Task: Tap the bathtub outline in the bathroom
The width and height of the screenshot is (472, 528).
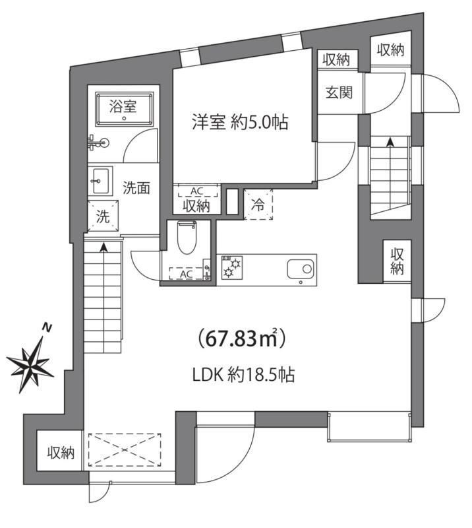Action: click(124, 110)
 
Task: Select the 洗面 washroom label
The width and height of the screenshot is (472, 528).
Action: click(137, 187)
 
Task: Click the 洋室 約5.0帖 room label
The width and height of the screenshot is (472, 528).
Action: click(240, 122)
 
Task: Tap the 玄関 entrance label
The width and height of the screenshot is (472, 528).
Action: click(338, 92)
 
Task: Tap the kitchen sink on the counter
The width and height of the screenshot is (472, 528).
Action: click(301, 269)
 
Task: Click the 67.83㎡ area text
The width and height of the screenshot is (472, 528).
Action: click(241, 340)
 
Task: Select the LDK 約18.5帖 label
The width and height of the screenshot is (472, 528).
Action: click(243, 376)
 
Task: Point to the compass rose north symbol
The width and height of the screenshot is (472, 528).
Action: click(31, 360)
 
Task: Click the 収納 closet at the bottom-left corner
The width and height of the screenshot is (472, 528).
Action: click(61, 452)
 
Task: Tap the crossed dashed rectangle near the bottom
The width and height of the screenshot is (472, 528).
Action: click(125, 450)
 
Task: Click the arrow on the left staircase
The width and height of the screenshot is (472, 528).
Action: click(104, 248)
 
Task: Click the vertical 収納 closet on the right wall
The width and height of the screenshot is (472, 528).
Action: click(396, 261)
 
